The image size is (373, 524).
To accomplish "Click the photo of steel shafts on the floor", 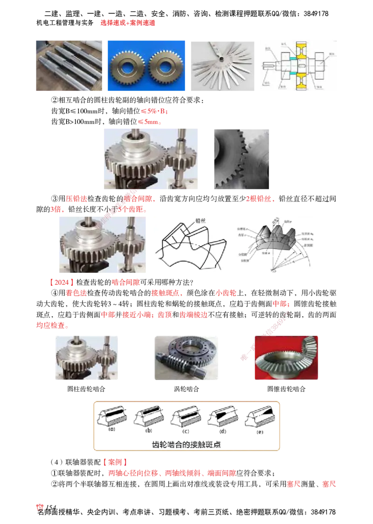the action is point(69,65).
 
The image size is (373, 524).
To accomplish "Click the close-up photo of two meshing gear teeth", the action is point(242,159).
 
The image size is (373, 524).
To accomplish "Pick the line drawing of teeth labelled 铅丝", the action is point(192,244).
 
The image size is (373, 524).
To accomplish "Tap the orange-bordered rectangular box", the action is point(186,425).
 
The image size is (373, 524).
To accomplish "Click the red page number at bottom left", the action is point(40,507).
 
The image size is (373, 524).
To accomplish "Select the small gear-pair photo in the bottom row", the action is point(86,358).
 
